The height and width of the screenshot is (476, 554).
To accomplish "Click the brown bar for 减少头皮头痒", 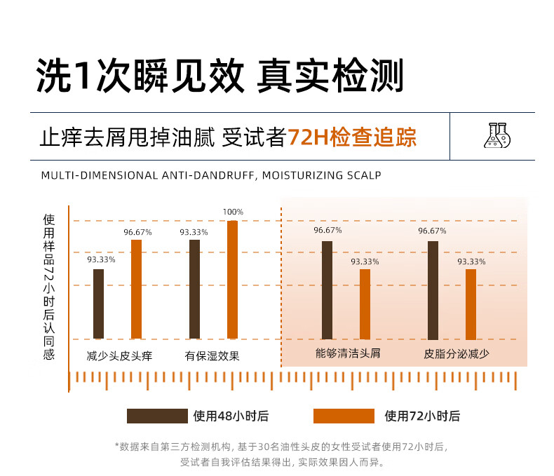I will [98, 304].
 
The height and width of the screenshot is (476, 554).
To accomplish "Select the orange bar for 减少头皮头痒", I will [136, 289].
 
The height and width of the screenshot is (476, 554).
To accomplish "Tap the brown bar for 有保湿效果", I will [194, 289].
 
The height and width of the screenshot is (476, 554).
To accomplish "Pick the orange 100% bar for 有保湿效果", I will [232, 280].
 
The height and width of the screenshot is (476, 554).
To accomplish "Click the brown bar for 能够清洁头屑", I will [327, 290].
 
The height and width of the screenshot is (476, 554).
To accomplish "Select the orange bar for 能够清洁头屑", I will [365, 304].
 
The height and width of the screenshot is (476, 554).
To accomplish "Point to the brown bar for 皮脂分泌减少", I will [433, 290].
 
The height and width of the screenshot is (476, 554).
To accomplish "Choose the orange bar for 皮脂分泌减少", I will [471, 304].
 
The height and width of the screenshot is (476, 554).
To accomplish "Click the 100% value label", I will [233, 212].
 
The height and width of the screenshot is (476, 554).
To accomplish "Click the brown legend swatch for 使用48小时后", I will [157, 416].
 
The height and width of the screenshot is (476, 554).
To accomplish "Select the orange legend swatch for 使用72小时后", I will [344, 416].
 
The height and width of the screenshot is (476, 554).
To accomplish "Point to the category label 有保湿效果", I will [212, 356].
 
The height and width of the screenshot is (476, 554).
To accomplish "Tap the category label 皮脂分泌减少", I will [457, 353].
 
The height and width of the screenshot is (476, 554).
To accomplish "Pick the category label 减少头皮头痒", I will [119, 356].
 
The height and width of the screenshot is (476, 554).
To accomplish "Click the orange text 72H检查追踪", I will [352, 136].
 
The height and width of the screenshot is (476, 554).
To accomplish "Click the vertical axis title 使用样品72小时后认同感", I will [48, 287].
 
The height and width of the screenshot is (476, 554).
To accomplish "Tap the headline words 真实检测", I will [330, 76].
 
